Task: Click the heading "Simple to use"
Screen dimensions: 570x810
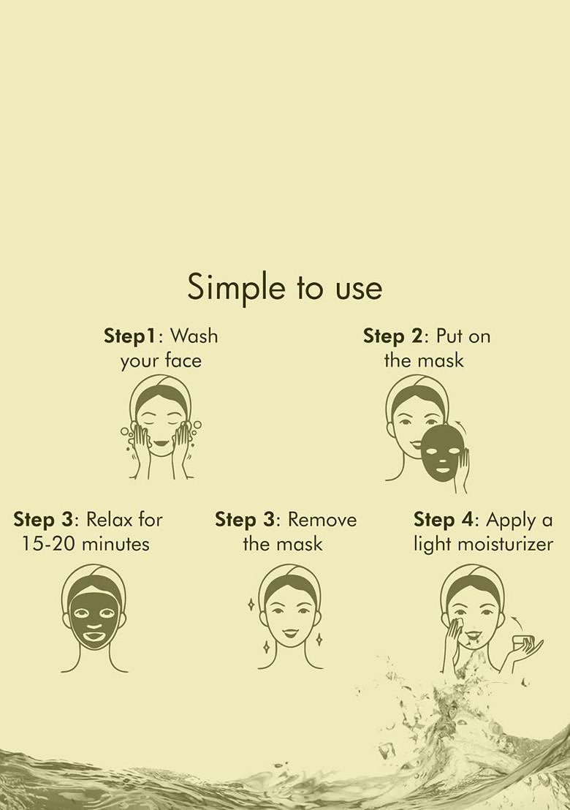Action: click(x=284, y=287)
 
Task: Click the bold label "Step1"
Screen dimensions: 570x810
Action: click(x=130, y=336)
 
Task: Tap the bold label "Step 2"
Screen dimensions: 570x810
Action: click(x=393, y=336)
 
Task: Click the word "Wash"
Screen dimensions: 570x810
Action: click(x=194, y=336)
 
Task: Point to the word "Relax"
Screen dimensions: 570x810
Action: click(x=107, y=519)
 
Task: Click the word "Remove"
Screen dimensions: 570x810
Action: click(x=322, y=519)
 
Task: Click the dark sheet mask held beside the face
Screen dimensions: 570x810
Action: click(x=443, y=453)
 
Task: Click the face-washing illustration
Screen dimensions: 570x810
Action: click(x=161, y=427)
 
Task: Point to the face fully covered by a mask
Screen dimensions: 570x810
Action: click(x=94, y=618)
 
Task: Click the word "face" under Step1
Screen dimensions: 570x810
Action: click(x=183, y=360)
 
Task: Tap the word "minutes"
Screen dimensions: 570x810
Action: click(x=115, y=544)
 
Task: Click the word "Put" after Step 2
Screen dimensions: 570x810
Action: click(x=449, y=336)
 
